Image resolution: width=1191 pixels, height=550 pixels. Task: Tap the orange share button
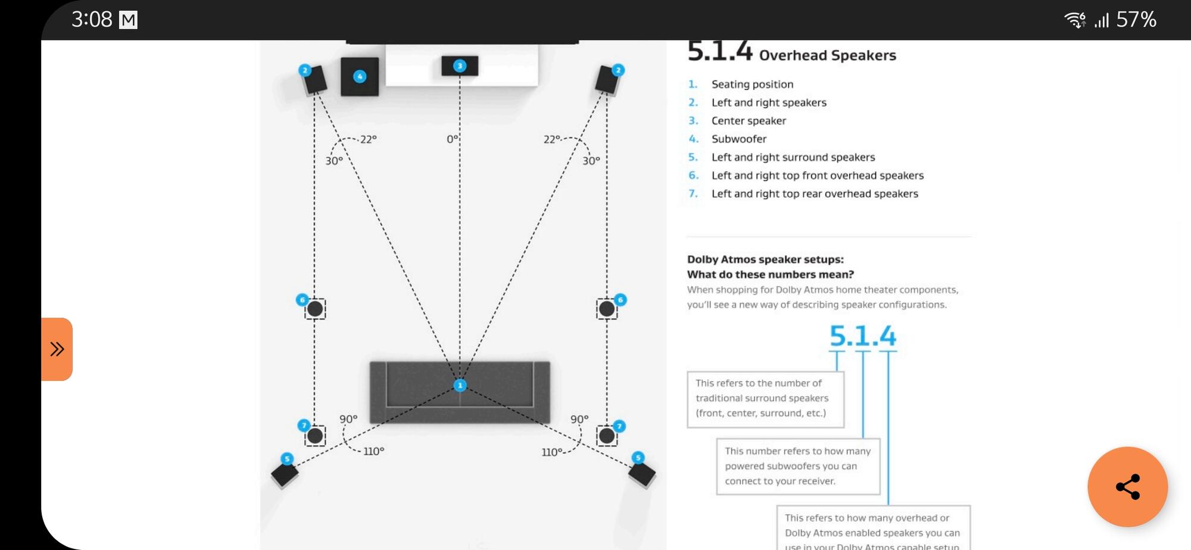[1127, 487]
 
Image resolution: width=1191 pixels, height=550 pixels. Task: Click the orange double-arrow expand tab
[57, 349]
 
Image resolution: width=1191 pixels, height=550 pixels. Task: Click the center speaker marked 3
[460, 66]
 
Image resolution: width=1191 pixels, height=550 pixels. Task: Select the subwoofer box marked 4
[360, 77]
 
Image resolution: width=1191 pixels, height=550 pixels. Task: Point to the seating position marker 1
[460, 386]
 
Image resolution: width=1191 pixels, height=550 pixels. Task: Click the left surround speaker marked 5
[285, 474]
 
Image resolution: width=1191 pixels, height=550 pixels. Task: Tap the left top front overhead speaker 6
[315, 309]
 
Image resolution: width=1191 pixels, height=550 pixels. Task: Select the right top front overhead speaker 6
[607, 309]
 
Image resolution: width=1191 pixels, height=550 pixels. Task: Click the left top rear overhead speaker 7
[315, 436]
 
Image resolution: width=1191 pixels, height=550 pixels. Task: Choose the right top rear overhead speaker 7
[607, 436]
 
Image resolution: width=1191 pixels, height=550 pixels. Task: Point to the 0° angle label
[453, 139]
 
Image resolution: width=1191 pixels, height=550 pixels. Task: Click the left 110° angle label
[373, 452]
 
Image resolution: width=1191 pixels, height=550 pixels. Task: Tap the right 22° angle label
[552, 139]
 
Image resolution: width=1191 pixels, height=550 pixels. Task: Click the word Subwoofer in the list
[738, 139]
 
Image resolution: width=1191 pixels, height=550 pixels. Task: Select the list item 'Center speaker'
[749, 121]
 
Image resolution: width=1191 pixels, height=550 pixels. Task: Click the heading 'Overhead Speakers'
[827, 55]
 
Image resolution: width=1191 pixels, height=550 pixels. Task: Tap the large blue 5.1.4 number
[862, 336]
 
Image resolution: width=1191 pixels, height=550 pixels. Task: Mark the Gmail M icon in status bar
[128, 20]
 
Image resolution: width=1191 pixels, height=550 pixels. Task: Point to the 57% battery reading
[1136, 20]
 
